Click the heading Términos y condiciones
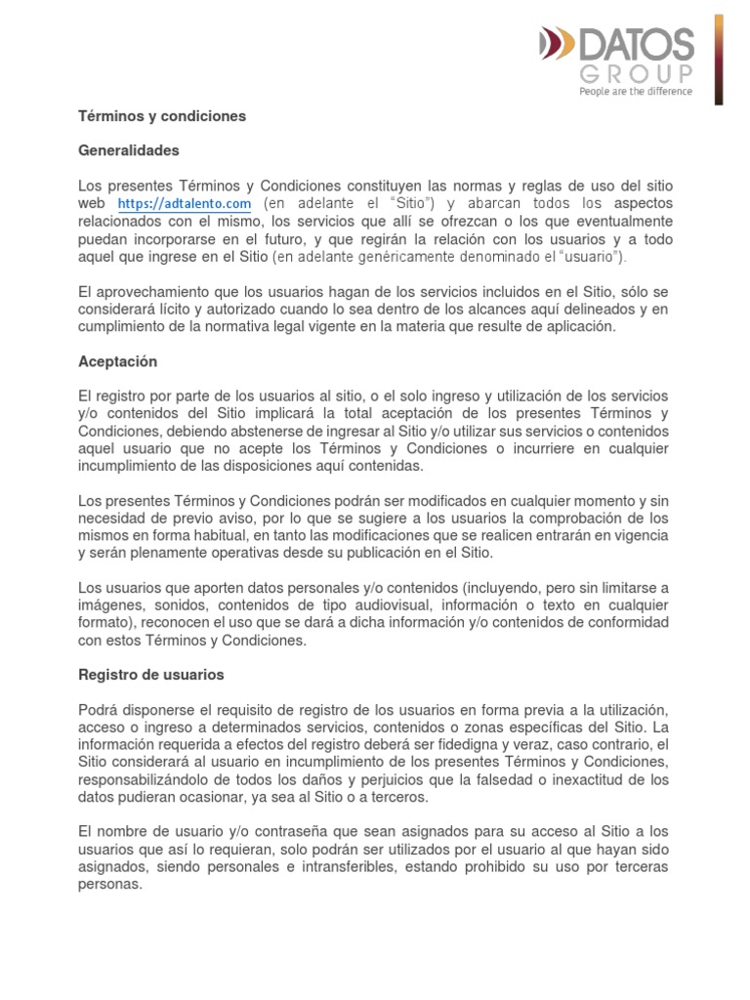pos(161,116)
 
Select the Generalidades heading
pos(128,151)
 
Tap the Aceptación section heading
pos(117,361)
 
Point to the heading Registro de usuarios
pos(150,675)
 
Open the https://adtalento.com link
pos(185,204)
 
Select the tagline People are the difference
pos(636,92)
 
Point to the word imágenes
pos(110,605)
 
